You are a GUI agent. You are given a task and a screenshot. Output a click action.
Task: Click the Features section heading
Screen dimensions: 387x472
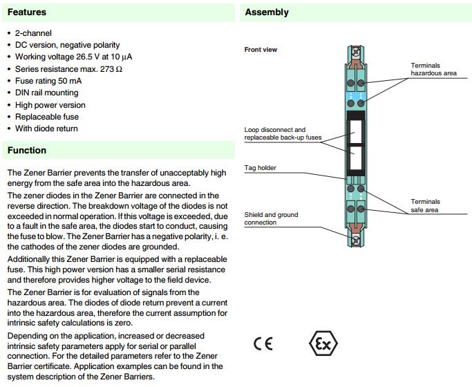27,12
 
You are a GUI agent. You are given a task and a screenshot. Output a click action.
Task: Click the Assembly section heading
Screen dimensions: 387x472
267,12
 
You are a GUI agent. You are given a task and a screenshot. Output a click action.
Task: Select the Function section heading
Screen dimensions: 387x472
27,151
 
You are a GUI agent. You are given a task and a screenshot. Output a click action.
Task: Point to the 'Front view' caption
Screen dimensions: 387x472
261,50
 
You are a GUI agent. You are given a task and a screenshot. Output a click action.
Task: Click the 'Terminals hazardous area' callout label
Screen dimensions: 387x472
433,68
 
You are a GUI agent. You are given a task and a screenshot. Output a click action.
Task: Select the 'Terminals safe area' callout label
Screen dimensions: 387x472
425,205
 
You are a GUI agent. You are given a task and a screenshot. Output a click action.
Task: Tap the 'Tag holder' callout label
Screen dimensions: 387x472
260,167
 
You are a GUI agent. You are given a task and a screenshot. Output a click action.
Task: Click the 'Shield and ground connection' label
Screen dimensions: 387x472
271,218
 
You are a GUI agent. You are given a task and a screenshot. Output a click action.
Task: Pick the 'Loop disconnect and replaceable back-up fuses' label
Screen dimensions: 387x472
283,133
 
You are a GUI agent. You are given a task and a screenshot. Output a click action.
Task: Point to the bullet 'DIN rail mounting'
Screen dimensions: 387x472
46,93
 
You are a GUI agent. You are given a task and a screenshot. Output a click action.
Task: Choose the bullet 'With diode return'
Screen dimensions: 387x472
46,129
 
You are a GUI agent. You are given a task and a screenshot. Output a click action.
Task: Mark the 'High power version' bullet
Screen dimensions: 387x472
50,105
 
